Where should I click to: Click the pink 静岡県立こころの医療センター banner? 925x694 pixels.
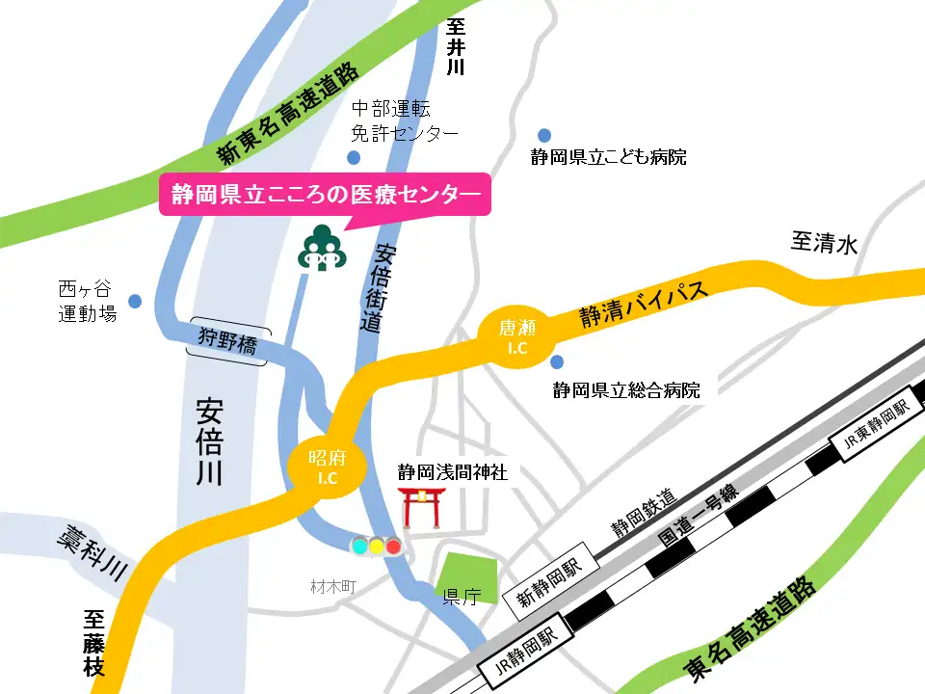coord(325,196)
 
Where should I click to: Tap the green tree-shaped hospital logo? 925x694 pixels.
coord(318,249)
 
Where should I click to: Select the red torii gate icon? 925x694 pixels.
coord(421,507)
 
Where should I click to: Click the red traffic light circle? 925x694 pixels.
coord(393,547)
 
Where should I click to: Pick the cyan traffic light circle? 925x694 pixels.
coord(359,547)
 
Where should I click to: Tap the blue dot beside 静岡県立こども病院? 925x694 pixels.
coord(544,135)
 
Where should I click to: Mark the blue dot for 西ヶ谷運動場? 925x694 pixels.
coord(135,301)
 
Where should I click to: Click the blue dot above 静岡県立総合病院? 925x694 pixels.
coord(557,362)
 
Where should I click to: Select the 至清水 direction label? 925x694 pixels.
coord(824,245)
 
